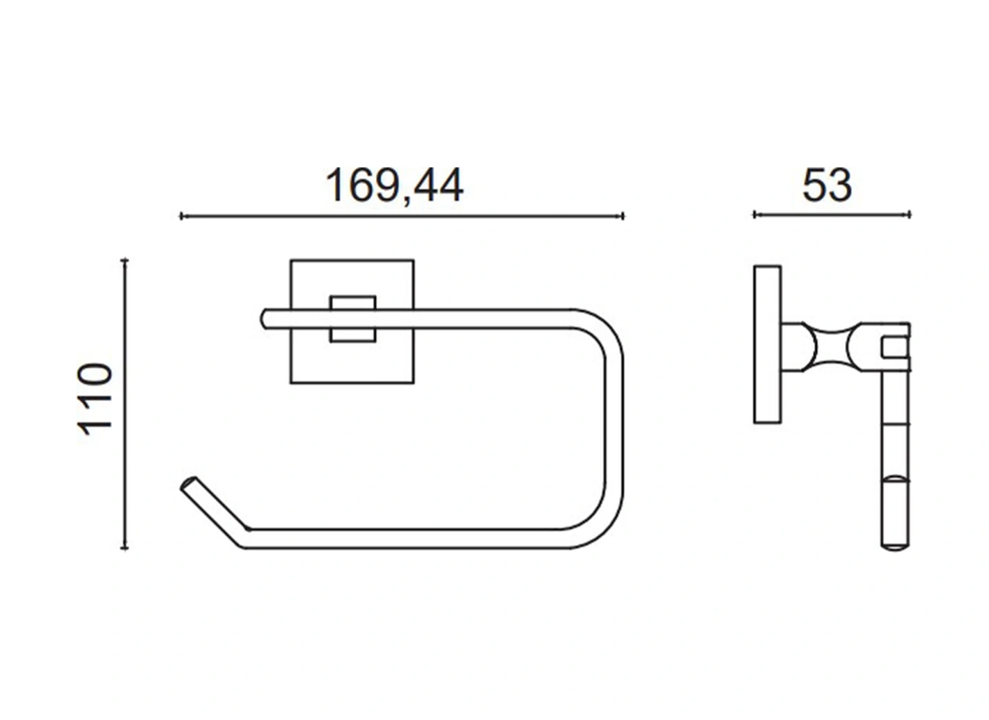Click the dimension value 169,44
tap(394, 186)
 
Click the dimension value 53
tap(827, 186)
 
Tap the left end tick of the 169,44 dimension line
tap(181, 216)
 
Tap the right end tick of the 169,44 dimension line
tap(623, 216)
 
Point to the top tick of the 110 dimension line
tap(125, 260)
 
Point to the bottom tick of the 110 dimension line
tap(125, 548)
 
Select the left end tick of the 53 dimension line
tap(754, 215)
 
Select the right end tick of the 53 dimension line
tap(910, 215)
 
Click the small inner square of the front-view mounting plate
tap(353, 319)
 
